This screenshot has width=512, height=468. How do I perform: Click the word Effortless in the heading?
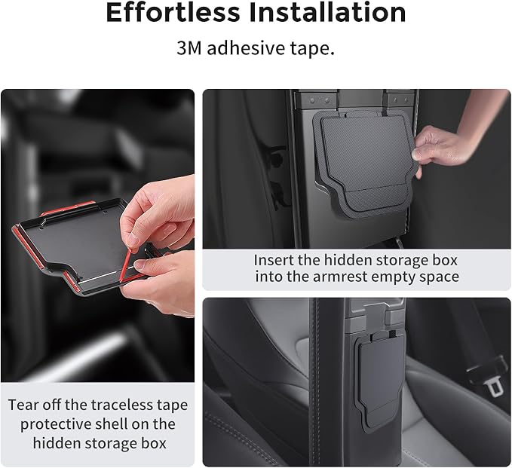click(x=173, y=12)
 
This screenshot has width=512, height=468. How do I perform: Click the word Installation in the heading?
click(x=327, y=12)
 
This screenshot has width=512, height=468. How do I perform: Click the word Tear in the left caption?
click(x=23, y=405)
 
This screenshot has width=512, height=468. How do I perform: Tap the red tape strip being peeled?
click(x=127, y=264)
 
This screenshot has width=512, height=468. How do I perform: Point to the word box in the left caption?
click(x=154, y=443)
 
